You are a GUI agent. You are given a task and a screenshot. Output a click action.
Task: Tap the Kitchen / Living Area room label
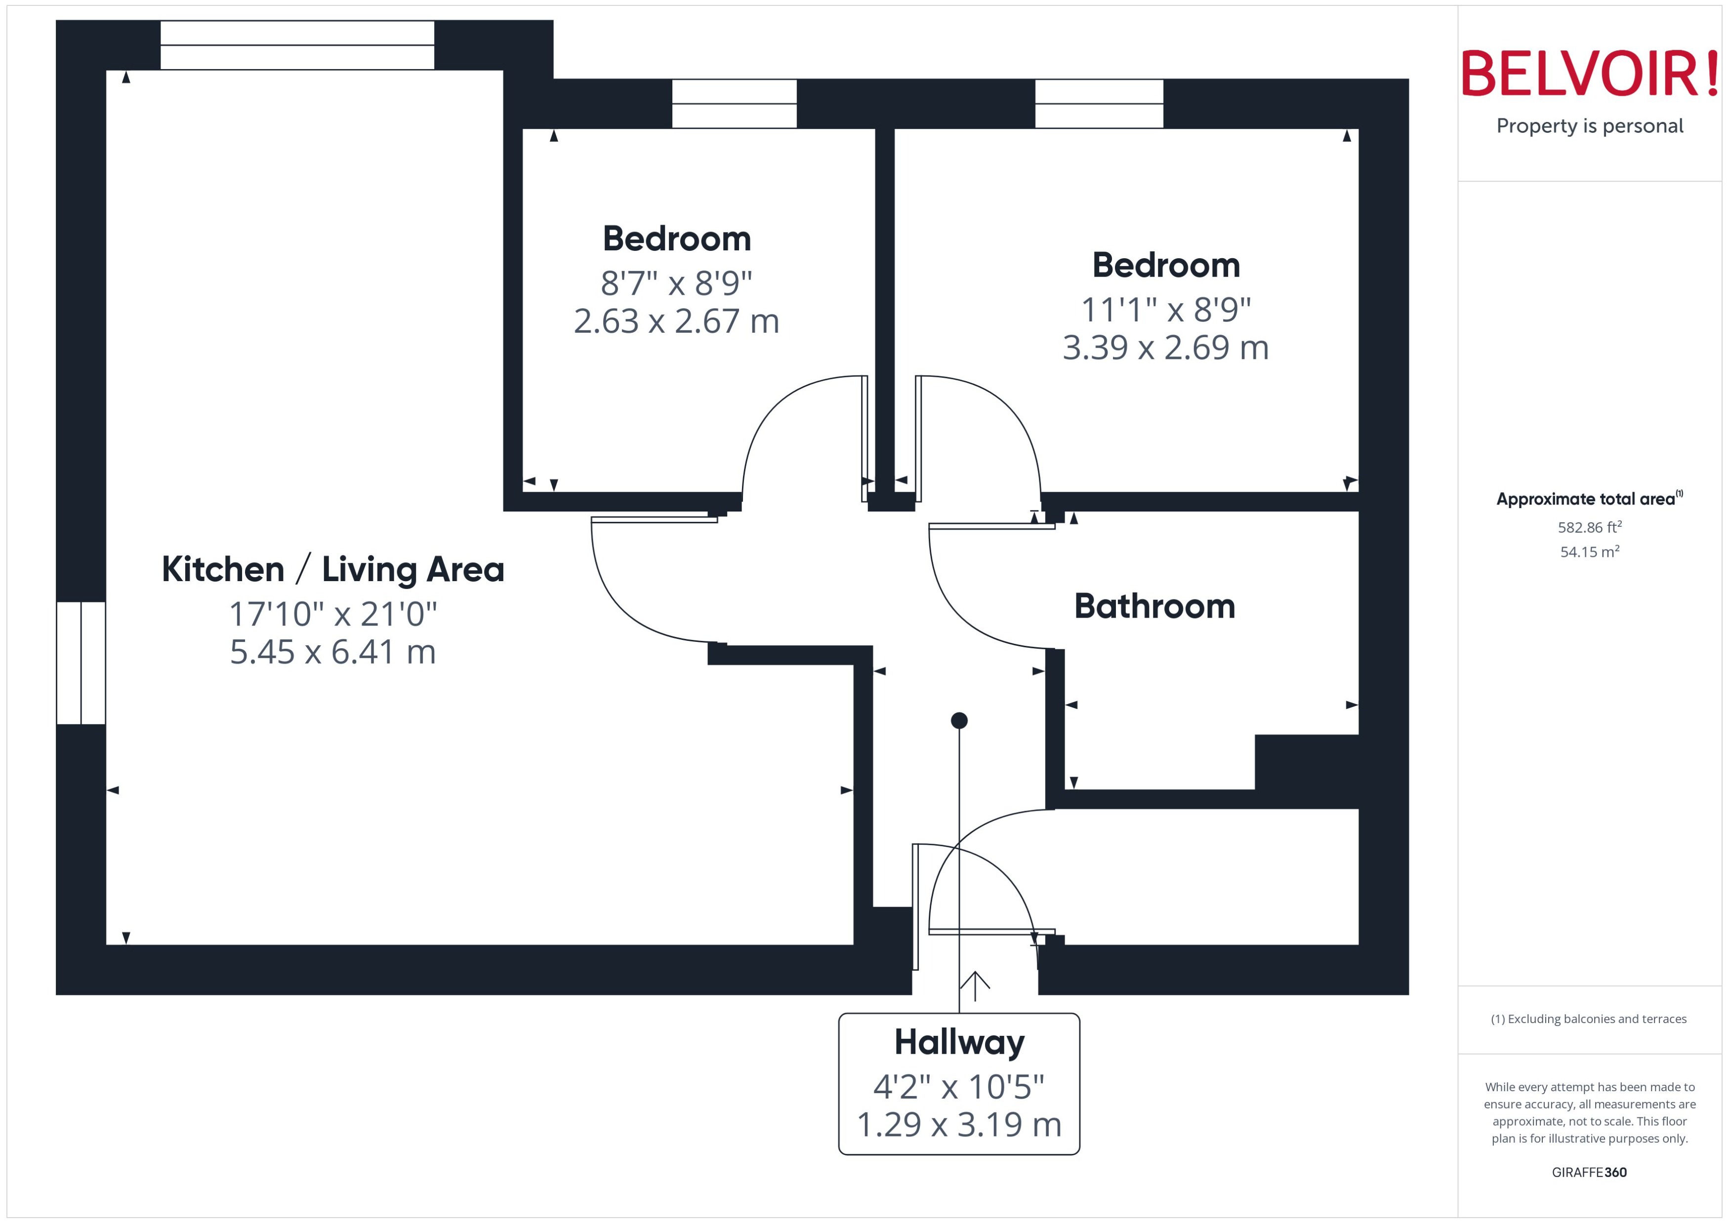coord(332,569)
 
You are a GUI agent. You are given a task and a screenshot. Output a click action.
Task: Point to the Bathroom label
coord(1154,606)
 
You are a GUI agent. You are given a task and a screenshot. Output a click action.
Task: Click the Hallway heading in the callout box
coord(958,1042)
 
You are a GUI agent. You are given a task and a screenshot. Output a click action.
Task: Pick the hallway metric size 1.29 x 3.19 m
coord(958,1124)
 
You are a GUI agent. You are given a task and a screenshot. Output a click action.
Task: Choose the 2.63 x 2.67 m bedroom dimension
coord(676,321)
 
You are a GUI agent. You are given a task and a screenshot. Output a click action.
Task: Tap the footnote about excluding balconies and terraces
coord(1588,1019)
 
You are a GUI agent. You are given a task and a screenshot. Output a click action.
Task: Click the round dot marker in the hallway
coord(959,721)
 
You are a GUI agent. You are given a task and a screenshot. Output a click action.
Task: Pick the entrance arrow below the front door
coord(975,985)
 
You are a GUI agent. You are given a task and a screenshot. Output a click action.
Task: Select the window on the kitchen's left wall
coord(81,663)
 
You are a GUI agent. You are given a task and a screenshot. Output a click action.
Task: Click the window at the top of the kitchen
coord(297,45)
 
